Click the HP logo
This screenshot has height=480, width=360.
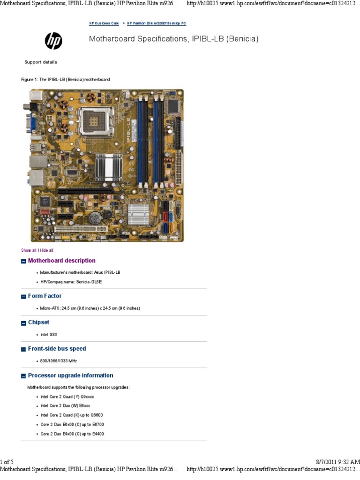tap(53, 41)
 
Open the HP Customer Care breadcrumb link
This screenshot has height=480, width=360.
tap(104, 23)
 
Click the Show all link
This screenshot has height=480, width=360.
tap(29, 250)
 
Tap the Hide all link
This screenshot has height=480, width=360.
tap(46, 250)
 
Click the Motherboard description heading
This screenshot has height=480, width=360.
tap(61, 261)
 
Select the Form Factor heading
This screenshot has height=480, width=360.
tap(45, 296)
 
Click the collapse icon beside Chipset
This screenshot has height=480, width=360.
tap(23, 323)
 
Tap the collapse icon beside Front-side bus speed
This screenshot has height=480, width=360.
tap(23, 349)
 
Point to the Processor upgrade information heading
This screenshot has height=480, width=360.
tap(70, 375)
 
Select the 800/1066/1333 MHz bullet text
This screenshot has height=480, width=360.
tap(59, 361)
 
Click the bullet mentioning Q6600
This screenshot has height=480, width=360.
tap(71, 415)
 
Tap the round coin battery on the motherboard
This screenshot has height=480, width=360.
tap(96, 217)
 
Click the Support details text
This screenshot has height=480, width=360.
tap(41, 62)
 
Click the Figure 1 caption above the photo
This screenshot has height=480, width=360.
tap(65, 80)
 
